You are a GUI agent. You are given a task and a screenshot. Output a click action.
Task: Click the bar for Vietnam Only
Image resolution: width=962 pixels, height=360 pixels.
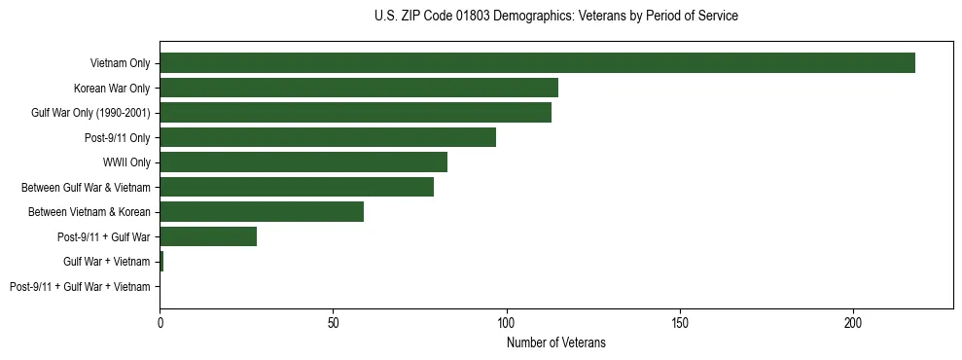tap(537, 63)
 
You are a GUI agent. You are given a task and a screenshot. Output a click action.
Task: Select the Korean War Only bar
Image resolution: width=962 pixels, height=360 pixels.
tap(359, 88)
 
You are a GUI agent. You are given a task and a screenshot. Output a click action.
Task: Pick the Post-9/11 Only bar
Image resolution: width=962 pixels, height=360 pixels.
tap(328, 137)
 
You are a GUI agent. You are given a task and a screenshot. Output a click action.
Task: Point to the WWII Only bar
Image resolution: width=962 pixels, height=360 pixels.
tap(303, 162)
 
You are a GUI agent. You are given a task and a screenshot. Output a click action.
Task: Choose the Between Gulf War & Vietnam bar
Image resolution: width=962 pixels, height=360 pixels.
tap(297, 187)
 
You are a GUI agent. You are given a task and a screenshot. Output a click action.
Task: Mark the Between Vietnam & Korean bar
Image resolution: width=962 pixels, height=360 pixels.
tap(262, 211)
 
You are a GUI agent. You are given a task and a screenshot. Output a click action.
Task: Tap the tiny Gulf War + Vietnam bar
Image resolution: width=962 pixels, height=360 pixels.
tap(161, 261)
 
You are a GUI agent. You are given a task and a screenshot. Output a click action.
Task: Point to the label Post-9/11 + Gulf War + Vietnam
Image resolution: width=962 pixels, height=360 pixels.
tap(80, 286)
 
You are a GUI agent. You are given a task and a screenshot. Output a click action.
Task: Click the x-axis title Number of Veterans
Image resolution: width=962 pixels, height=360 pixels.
tap(555, 342)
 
